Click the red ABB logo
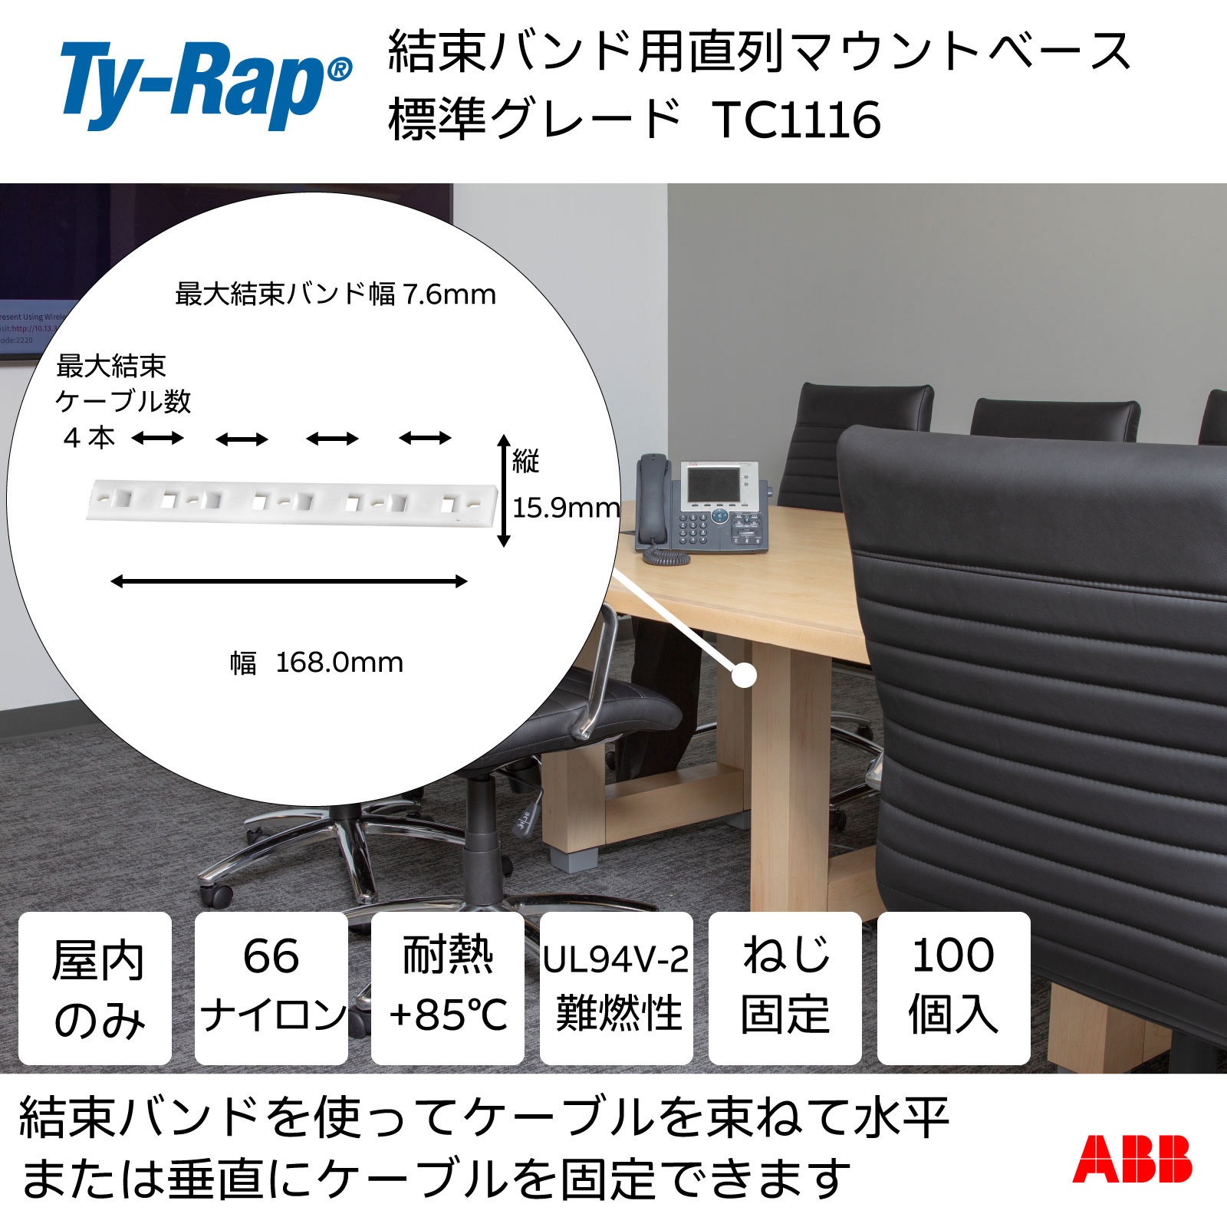pos(1132,1159)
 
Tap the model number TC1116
pos(797,121)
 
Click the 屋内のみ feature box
pos(95,989)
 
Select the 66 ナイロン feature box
pos(271,989)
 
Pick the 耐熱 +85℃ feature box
pos(448,989)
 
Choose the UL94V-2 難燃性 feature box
pos(617,989)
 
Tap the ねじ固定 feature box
pos(785,989)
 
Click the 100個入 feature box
pos(953,989)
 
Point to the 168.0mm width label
pos(338,663)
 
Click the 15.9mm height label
pos(566,508)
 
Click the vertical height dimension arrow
pos(504,491)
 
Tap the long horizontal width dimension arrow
pos(289,581)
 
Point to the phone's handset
pos(649,498)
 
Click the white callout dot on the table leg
pos(744,676)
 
